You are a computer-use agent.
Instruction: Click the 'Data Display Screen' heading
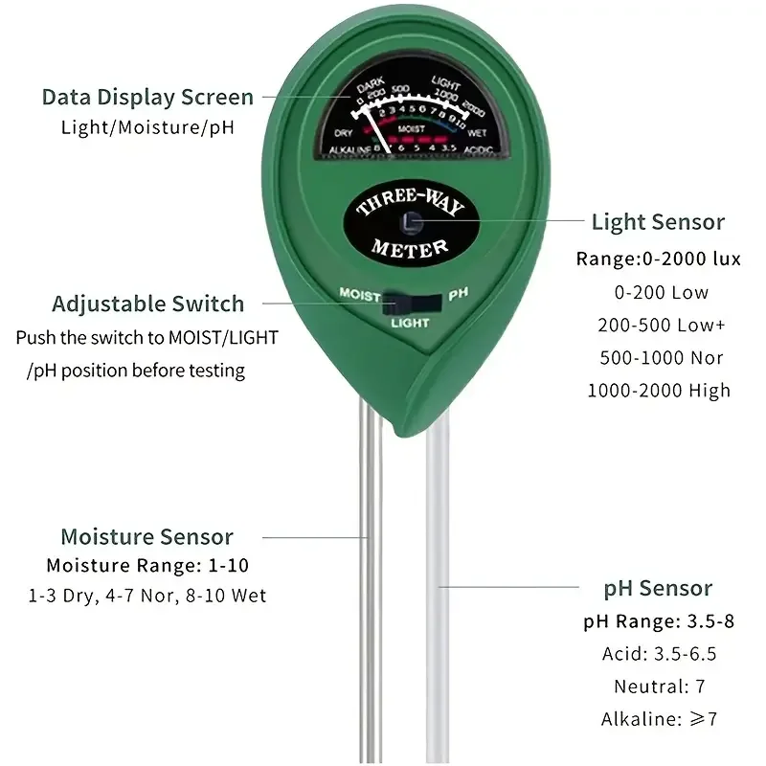[x=147, y=97]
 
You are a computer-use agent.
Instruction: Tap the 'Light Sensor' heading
[x=658, y=222]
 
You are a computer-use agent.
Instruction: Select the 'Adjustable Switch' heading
[x=147, y=304]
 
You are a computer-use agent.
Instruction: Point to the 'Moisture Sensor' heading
[x=146, y=537]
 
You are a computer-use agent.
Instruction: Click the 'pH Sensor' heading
[x=658, y=588]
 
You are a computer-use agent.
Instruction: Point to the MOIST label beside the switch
[x=359, y=295]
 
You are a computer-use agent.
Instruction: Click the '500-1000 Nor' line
[x=660, y=357]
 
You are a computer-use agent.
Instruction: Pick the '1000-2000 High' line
[x=658, y=390]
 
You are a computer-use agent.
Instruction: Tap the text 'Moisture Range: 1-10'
[x=147, y=565]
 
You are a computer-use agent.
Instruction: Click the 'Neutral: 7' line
[x=658, y=687]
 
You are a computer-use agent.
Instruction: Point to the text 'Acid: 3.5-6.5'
[x=659, y=654]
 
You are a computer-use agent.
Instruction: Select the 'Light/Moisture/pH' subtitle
[x=147, y=126]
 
